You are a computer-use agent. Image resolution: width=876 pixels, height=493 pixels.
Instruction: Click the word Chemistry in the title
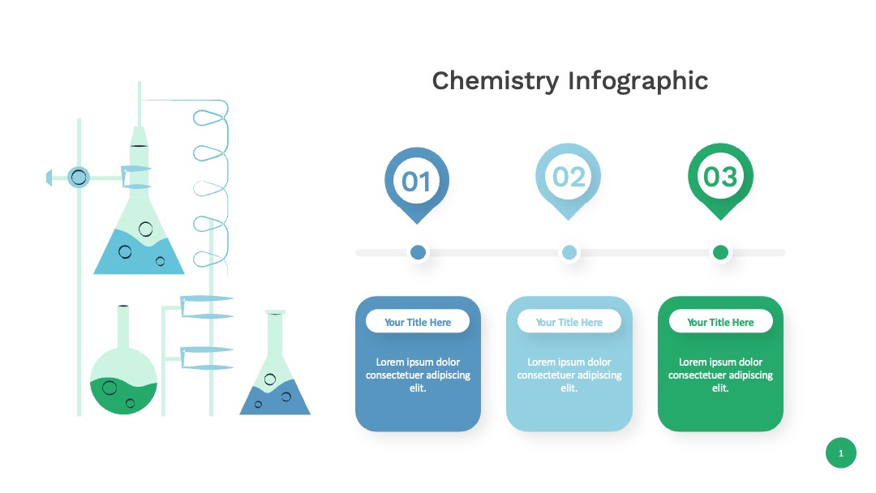click(495, 82)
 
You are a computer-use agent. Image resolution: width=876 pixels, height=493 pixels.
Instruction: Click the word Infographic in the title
click(638, 82)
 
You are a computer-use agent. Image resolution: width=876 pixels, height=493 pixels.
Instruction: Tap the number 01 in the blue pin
click(416, 182)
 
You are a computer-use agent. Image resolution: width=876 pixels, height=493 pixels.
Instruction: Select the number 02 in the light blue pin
click(569, 177)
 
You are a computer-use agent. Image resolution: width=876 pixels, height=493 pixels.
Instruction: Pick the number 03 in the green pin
click(721, 177)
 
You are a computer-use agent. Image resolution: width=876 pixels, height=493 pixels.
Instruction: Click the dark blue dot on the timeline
click(418, 252)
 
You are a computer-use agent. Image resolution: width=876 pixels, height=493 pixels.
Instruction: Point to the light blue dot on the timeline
click(569, 252)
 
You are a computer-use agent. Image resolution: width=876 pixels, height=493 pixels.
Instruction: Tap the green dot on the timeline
click(721, 252)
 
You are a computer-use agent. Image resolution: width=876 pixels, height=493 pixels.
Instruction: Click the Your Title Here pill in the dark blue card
click(418, 322)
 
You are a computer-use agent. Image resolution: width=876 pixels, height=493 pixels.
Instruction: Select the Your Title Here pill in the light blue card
click(569, 322)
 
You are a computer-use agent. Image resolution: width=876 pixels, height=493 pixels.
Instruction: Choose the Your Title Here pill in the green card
click(721, 322)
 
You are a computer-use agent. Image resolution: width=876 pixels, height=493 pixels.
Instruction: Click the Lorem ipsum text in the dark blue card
click(418, 375)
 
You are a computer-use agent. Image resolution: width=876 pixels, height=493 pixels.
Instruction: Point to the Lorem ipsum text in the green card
click(721, 375)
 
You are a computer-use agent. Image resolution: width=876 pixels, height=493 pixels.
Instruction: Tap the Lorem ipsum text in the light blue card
click(569, 375)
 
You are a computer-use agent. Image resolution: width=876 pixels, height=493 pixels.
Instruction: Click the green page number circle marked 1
click(841, 452)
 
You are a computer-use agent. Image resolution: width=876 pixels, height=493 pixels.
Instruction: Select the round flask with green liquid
click(123, 379)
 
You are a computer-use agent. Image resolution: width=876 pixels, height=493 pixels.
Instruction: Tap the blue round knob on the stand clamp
click(79, 178)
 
